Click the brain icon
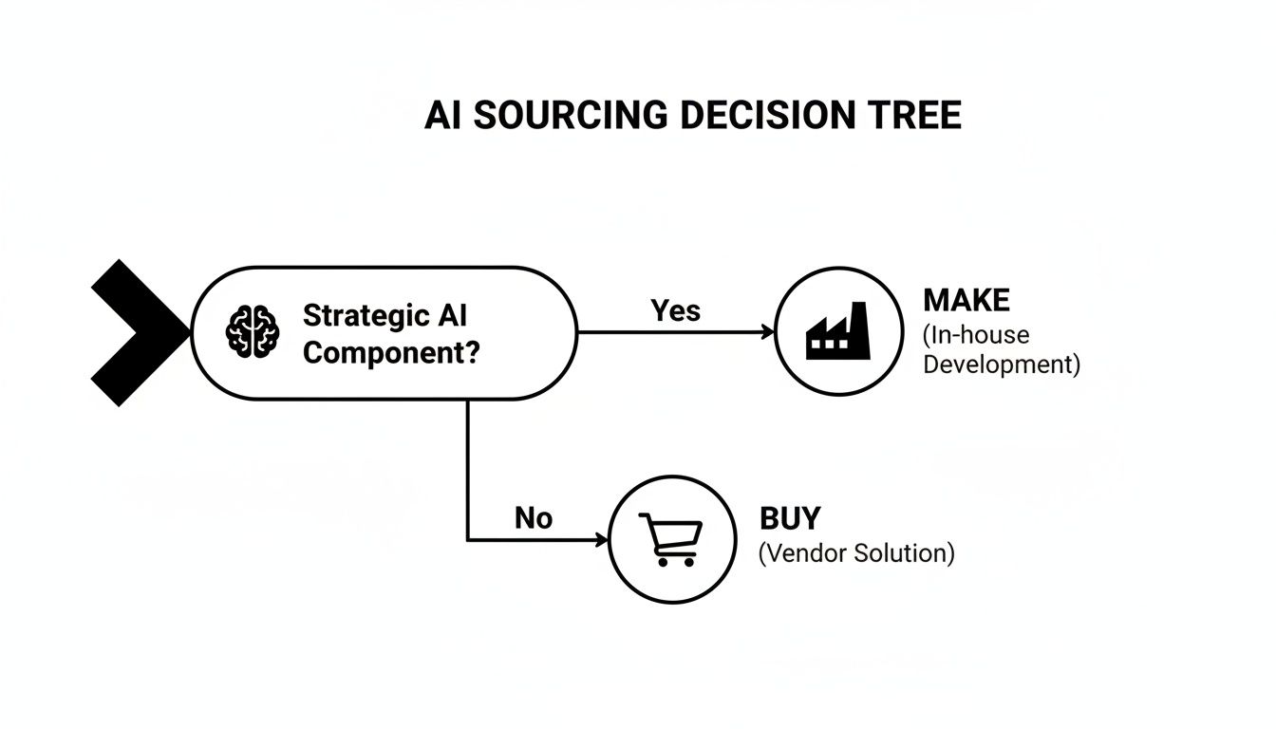(252, 332)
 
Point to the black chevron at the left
(133, 332)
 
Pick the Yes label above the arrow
(675, 309)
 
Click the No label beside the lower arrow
(534, 517)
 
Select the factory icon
(837, 331)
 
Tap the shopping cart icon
(671, 539)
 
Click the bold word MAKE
(966, 301)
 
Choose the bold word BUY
(790, 518)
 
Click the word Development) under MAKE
(1002, 364)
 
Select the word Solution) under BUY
(904, 552)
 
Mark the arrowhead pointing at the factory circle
(767, 332)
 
